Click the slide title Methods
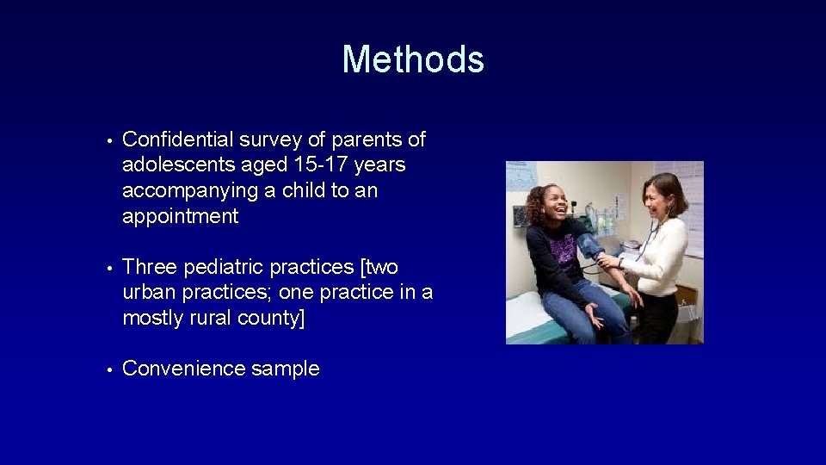click(x=413, y=59)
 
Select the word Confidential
click(x=176, y=139)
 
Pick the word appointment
click(x=181, y=216)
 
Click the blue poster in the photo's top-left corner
click(x=521, y=176)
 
